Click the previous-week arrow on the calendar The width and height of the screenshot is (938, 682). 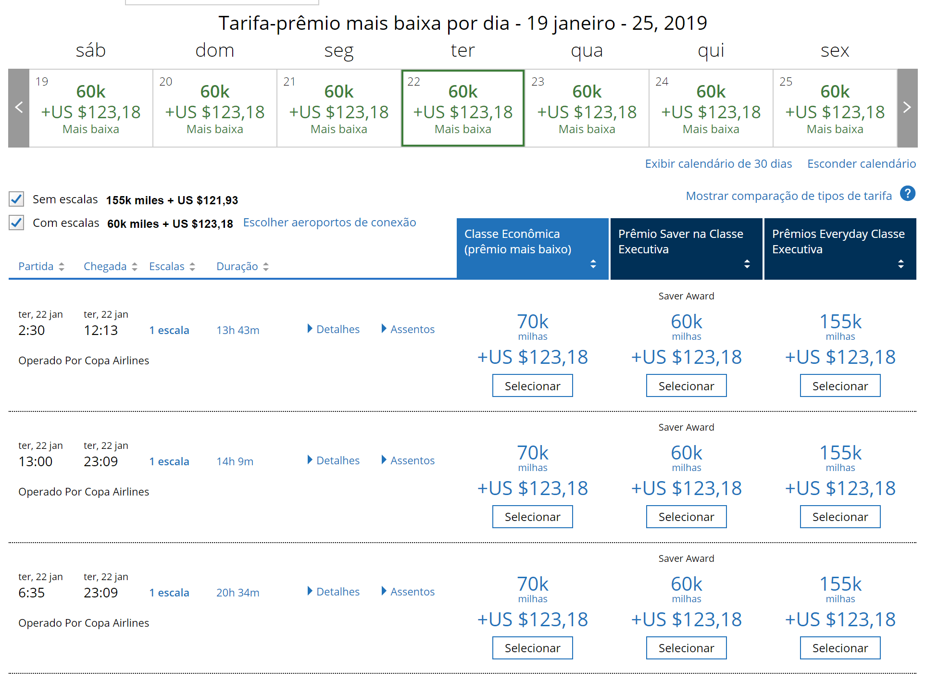pos(19,108)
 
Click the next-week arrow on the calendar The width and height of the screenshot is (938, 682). pos(907,108)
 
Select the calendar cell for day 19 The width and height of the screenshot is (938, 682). pos(91,108)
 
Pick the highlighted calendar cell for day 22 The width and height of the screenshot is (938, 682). pos(463,108)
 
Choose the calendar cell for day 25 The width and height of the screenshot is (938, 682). pos(835,108)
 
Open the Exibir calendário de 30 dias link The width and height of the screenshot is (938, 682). pos(718,164)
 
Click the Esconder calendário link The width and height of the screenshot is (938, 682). pos(862,164)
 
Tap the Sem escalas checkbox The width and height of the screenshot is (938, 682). pos(16,199)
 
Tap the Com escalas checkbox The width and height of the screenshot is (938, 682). pos(16,223)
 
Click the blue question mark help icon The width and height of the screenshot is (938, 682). pos(908,194)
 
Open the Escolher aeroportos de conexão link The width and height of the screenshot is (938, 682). pos(329,223)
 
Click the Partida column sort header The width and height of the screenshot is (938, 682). pos(41,266)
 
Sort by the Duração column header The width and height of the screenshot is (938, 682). pos(242,266)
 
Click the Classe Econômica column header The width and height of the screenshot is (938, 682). pos(533,248)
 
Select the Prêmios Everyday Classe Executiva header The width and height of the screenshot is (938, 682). pos(840,248)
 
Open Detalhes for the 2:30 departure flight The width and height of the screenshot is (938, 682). pos(334,329)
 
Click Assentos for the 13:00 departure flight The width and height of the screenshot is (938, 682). pos(408,460)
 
